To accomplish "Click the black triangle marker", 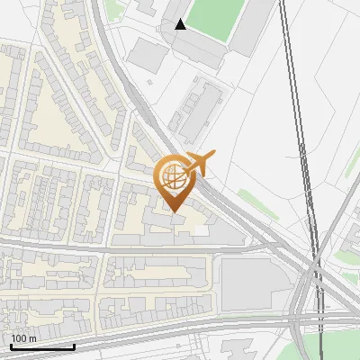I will tap(181, 24).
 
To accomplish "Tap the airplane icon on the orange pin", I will tap(201, 165).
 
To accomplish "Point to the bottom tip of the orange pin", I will tap(173, 211).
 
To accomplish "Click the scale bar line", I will tap(42, 346).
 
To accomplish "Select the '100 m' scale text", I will tap(23, 338).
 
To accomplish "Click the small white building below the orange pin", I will tap(200, 230).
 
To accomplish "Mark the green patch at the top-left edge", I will tap(112, 9).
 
